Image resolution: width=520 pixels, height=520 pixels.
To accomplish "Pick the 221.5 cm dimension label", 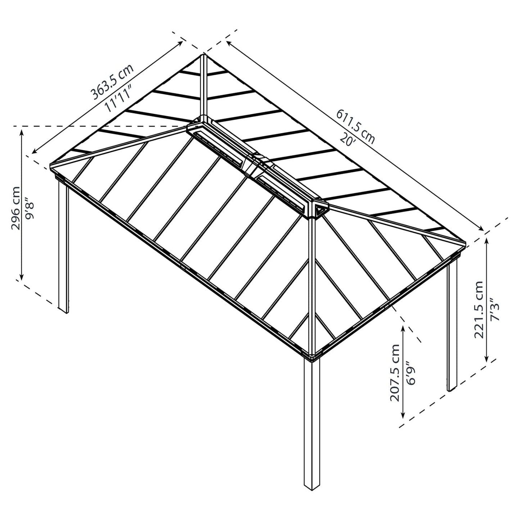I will coord(478,310).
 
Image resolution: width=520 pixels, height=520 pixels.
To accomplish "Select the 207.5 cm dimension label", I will coord(395,372).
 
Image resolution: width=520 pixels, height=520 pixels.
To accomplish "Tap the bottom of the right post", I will coord(452,389).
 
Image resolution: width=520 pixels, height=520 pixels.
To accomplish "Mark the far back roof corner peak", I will coord(204,55).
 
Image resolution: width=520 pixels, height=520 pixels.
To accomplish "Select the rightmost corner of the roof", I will coord(466,243).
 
